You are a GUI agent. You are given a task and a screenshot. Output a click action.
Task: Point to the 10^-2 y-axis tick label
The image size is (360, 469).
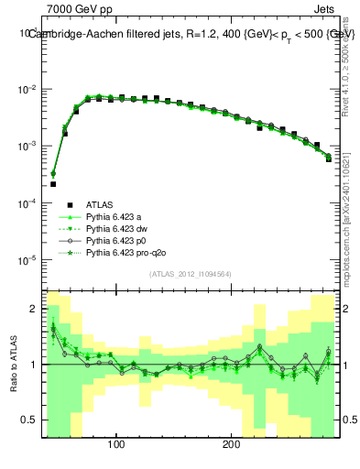point(27,90)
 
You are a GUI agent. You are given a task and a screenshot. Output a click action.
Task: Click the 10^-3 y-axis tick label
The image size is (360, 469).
point(27,147)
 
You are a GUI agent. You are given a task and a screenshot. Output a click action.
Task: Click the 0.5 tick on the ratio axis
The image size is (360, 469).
point(29,420)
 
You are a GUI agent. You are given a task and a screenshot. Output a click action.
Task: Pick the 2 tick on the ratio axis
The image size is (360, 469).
point(34,309)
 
